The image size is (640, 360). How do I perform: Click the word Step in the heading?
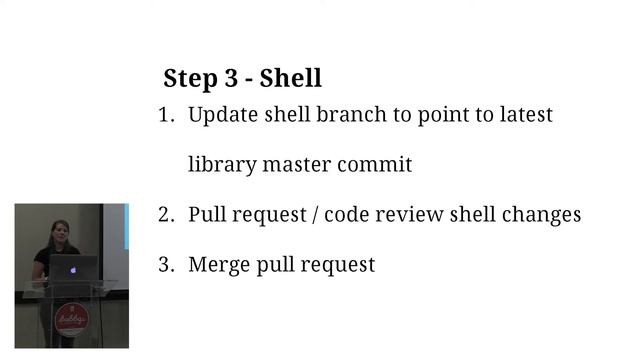coord(187,78)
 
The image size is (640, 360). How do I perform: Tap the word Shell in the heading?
coord(290,77)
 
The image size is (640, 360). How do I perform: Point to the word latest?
coord(526,114)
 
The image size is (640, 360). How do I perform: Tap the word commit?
coord(375,164)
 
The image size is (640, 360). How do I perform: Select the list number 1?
coord(165,115)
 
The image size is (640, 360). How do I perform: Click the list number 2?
coord(165,215)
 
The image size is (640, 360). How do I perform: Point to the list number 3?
coord(165,265)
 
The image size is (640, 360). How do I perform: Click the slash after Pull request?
coord(316,215)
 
